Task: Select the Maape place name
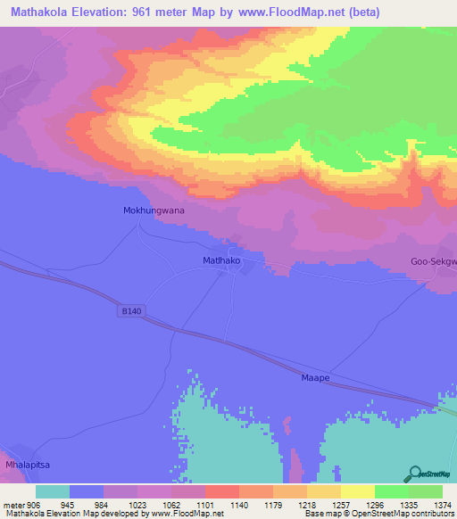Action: click(315, 378)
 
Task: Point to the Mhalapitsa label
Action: click(25, 465)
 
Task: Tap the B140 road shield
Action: click(130, 311)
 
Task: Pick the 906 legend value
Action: click(31, 505)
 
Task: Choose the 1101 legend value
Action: click(204, 505)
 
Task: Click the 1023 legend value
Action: click(137, 505)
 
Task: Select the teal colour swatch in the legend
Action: click(53, 491)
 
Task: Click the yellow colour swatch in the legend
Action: click(357, 491)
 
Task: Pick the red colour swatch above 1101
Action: click(221, 491)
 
